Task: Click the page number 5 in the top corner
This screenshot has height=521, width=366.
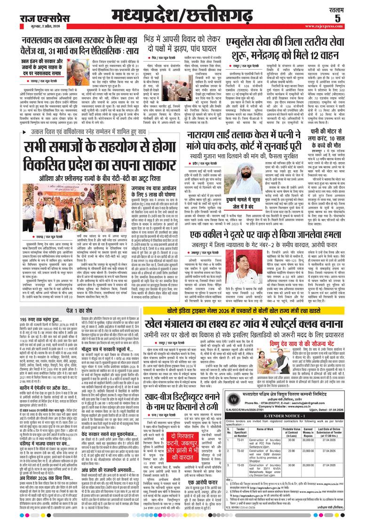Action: click(x=350, y=17)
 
